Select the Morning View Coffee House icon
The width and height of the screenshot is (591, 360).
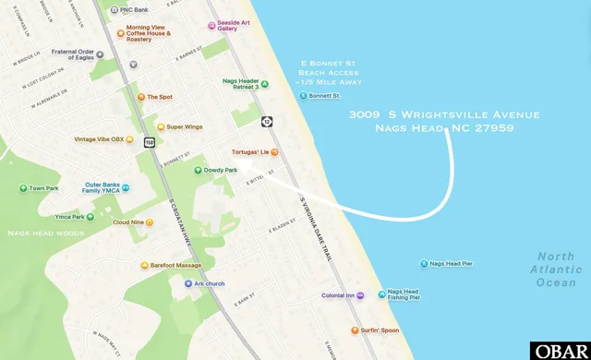click(120, 32)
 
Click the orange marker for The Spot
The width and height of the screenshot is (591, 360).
click(140, 96)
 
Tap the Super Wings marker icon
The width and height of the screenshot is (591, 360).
click(159, 126)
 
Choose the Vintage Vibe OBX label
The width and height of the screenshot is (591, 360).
click(98, 139)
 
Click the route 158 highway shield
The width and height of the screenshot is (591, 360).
click(149, 142)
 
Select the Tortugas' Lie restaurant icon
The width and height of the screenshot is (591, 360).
click(274, 152)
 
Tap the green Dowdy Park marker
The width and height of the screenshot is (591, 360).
click(197, 170)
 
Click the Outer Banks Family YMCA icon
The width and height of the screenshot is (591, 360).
click(126, 188)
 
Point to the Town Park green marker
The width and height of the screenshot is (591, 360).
click(23, 188)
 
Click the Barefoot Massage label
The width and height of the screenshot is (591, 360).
click(176, 265)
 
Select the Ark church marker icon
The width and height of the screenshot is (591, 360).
click(187, 283)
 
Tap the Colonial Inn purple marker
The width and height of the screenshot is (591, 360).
click(360, 295)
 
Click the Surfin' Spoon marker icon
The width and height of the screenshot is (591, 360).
click(354, 330)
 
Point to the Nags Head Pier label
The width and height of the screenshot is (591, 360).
click(452, 264)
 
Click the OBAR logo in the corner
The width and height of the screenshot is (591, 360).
click(560, 351)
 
